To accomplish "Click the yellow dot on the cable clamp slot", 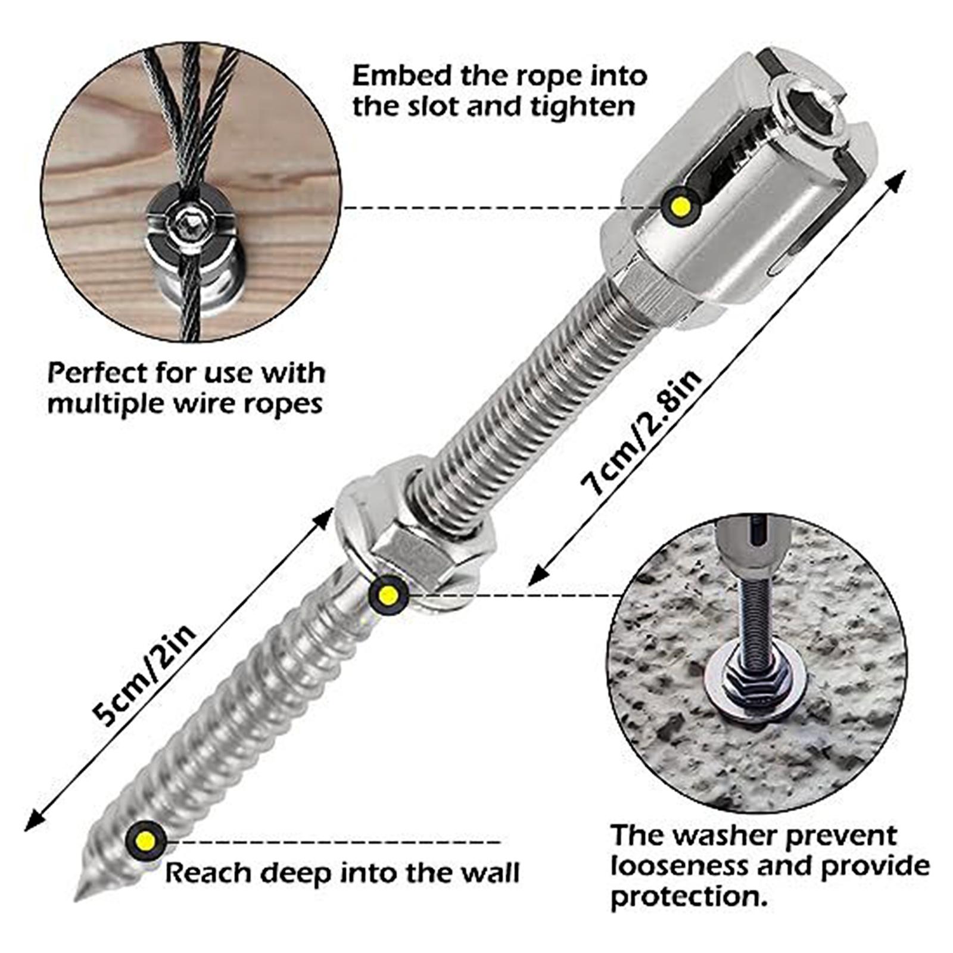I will click(681, 206).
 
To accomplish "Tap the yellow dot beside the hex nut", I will click(388, 595).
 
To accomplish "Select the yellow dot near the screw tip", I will click(145, 841).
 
